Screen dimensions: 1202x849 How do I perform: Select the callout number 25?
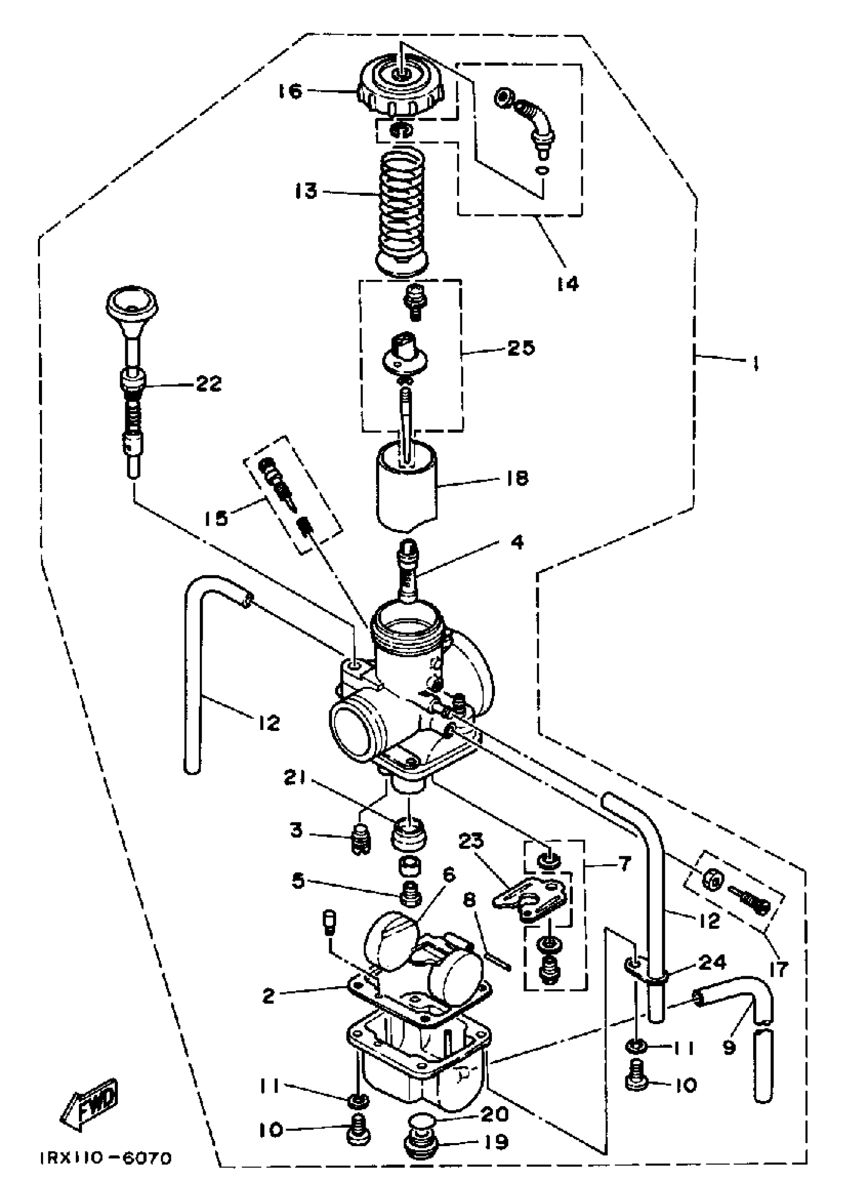520,348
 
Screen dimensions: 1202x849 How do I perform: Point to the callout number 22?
208,384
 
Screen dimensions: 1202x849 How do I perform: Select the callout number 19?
495,1141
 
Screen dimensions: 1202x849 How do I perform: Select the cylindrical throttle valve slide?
406,487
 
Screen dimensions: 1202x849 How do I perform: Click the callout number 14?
568,284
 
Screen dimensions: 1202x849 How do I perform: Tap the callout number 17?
779,970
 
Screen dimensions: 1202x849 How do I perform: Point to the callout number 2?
269,996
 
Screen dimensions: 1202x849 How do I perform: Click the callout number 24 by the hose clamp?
712,962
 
